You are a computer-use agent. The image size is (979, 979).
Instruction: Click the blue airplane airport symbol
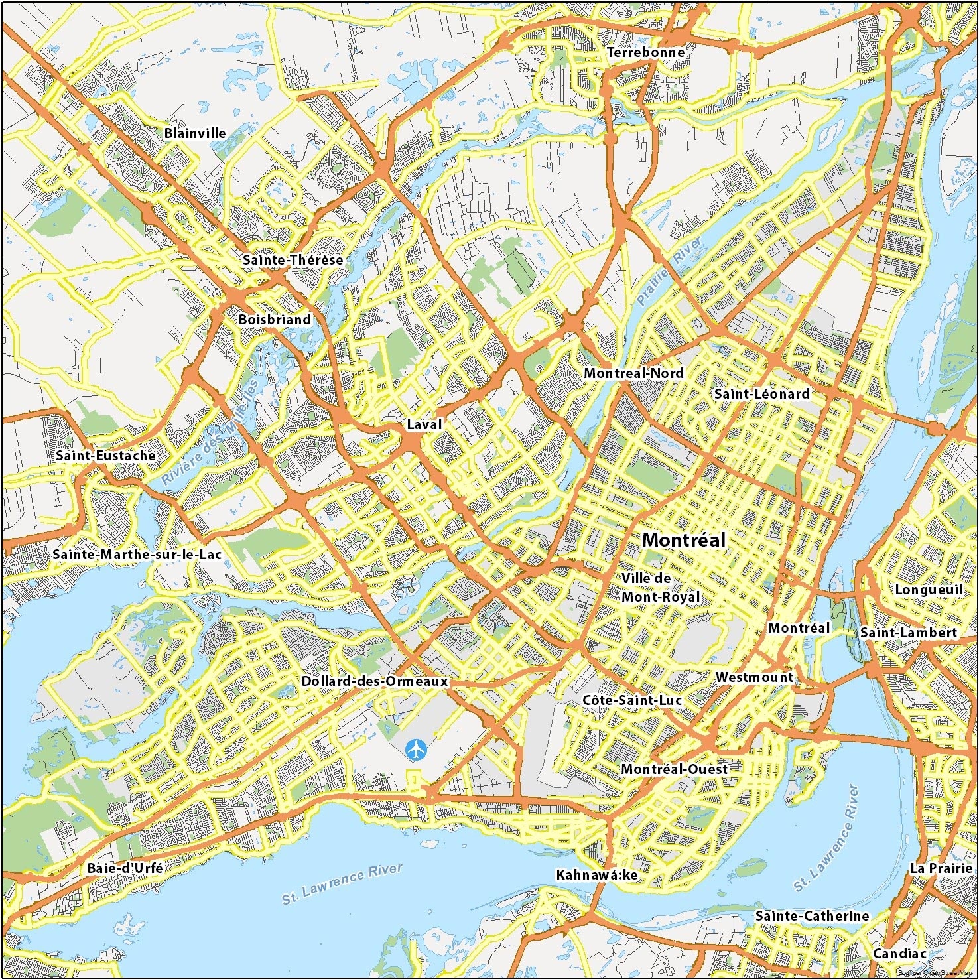coord(415,750)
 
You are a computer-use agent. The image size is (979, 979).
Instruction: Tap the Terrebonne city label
coord(645,52)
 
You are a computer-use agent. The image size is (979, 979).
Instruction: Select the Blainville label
coord(195,133)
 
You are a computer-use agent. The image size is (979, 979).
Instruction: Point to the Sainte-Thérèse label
coord(293,260)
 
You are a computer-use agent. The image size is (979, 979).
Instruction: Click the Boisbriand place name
coord(275,320)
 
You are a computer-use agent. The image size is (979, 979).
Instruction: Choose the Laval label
coord(424,424)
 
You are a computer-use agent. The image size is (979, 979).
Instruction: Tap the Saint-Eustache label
coord(105,456)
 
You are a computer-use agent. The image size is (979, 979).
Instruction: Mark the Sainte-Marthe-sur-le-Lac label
coord(137,554)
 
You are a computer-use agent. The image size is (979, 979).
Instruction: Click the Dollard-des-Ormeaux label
coord(375,681)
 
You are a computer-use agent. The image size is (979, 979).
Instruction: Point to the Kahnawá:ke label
coord(596,875)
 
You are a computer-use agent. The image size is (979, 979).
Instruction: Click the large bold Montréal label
coord(684,540)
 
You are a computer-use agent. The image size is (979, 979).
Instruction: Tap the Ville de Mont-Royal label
coord(660,588)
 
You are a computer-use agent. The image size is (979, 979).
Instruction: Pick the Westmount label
coord(754,677)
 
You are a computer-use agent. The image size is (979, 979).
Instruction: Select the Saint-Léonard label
coord(761,394)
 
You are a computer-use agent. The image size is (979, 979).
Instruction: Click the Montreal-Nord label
coord(633,373)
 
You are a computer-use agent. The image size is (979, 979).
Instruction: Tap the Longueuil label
coord(928,590)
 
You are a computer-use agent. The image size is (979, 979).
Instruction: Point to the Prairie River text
coord(669,271)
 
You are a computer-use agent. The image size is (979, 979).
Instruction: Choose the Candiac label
coord(899,954)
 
